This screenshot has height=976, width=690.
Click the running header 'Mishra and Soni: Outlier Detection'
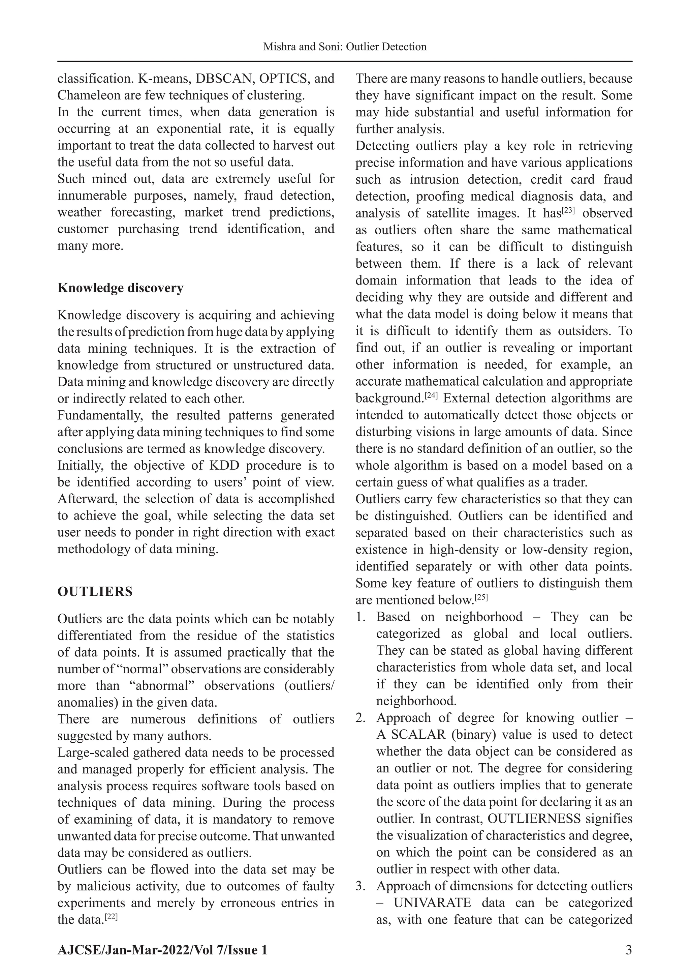click(x=345, y=47)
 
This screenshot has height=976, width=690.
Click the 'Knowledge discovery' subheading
click(x=120, y=288)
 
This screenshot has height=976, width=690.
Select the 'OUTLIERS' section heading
click(x=95, y=591)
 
